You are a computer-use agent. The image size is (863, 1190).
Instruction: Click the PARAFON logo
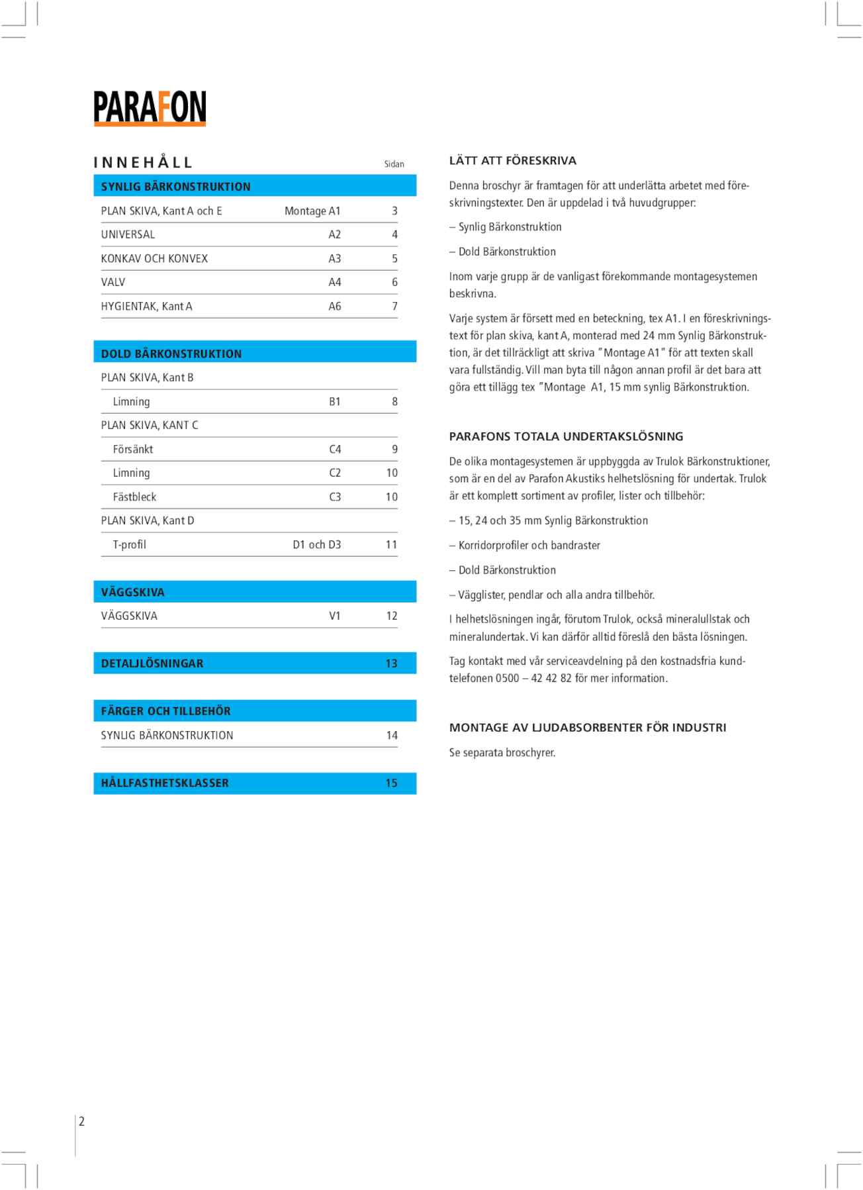150,108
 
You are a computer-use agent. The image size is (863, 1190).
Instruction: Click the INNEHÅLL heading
143,163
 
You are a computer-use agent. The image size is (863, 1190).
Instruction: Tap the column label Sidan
394,164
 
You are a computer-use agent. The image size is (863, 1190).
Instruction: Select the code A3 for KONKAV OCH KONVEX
335,259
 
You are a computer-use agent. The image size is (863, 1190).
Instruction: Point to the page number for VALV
394,282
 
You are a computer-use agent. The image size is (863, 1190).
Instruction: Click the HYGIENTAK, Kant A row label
146,307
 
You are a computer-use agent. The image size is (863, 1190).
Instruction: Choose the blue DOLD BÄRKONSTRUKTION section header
255,354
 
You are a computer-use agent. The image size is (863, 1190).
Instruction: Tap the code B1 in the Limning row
335,402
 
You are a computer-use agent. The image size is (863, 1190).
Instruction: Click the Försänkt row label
133,450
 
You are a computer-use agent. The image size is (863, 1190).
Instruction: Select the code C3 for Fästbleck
335,497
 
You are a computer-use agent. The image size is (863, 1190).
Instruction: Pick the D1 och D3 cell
317,545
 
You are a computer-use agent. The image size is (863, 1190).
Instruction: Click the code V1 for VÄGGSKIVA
335,617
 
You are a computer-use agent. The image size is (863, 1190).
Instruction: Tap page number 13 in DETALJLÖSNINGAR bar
391,664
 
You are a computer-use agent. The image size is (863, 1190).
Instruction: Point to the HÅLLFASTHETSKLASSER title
165,783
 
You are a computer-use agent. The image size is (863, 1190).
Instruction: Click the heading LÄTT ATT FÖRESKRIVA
513,161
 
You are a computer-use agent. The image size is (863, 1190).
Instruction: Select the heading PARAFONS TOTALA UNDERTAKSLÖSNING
566,437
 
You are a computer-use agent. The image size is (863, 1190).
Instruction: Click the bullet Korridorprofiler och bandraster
529,546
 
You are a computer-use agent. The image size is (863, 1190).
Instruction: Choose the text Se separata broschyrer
502,753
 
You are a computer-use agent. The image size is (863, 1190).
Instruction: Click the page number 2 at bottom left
82,1122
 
